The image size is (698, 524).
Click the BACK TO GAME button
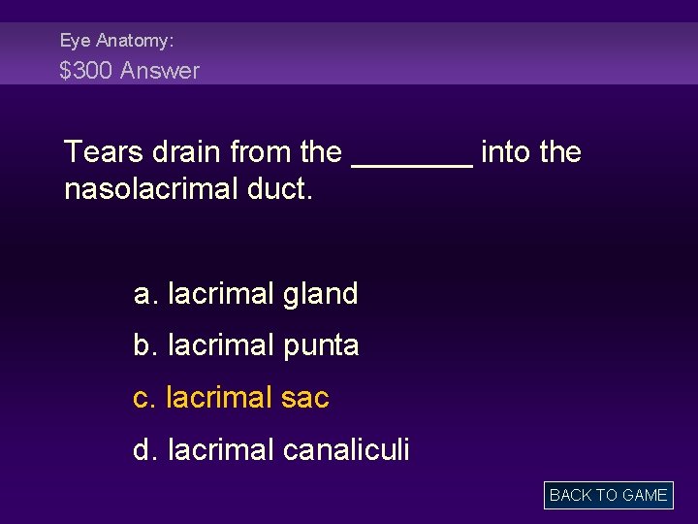(608, 495)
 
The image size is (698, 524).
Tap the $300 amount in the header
(86, 71)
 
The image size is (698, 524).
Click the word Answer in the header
(160, 71)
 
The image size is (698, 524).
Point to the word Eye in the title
(74, 41)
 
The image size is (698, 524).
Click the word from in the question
(262, 152)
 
